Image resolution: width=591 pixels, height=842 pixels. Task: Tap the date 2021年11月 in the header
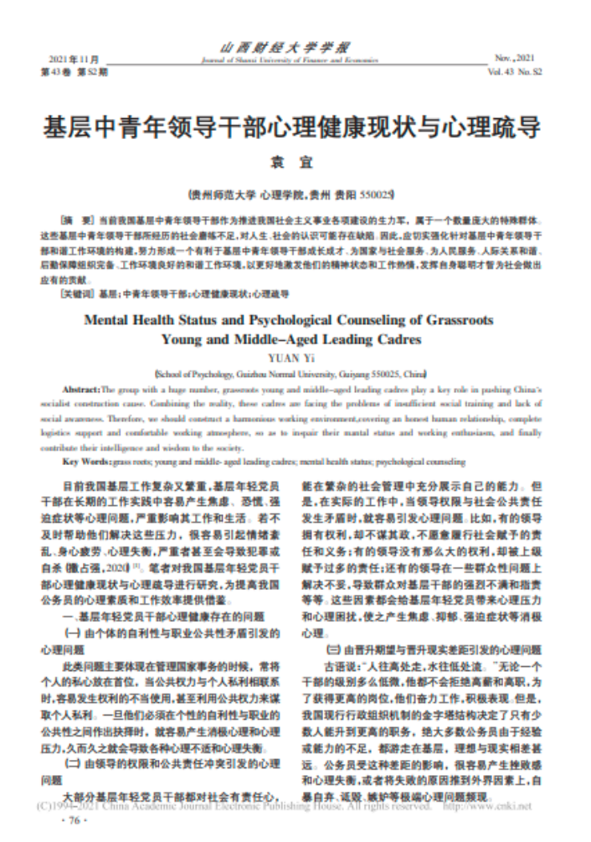[x=74, y=60]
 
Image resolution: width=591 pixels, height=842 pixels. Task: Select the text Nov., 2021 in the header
[x=516, y=59]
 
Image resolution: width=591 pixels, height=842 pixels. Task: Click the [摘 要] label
[x=78, y=215]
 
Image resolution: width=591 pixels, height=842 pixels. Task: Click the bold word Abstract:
[x=80, y=390]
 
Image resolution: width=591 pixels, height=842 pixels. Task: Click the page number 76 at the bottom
[x=73, y=822]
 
